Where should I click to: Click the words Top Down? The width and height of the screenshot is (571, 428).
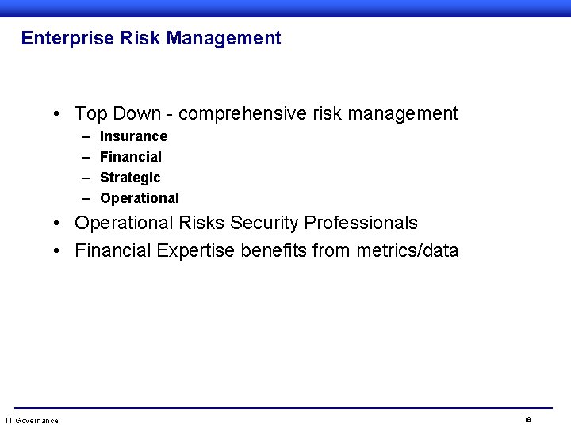[113, 114]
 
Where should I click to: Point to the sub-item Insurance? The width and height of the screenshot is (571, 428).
[133, 136]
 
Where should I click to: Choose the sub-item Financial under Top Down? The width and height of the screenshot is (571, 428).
[130, 157]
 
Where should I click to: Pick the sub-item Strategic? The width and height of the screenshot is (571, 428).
[130, 178]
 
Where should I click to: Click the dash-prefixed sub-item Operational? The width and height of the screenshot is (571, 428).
[140, 198]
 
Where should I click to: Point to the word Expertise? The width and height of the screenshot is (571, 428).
[193, 251]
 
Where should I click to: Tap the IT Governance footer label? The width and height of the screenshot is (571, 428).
[32, 420]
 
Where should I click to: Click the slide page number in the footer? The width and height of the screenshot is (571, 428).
[527, 419]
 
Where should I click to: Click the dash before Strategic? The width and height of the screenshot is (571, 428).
[85, 178]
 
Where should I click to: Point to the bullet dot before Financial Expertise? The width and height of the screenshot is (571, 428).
[59, 252]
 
